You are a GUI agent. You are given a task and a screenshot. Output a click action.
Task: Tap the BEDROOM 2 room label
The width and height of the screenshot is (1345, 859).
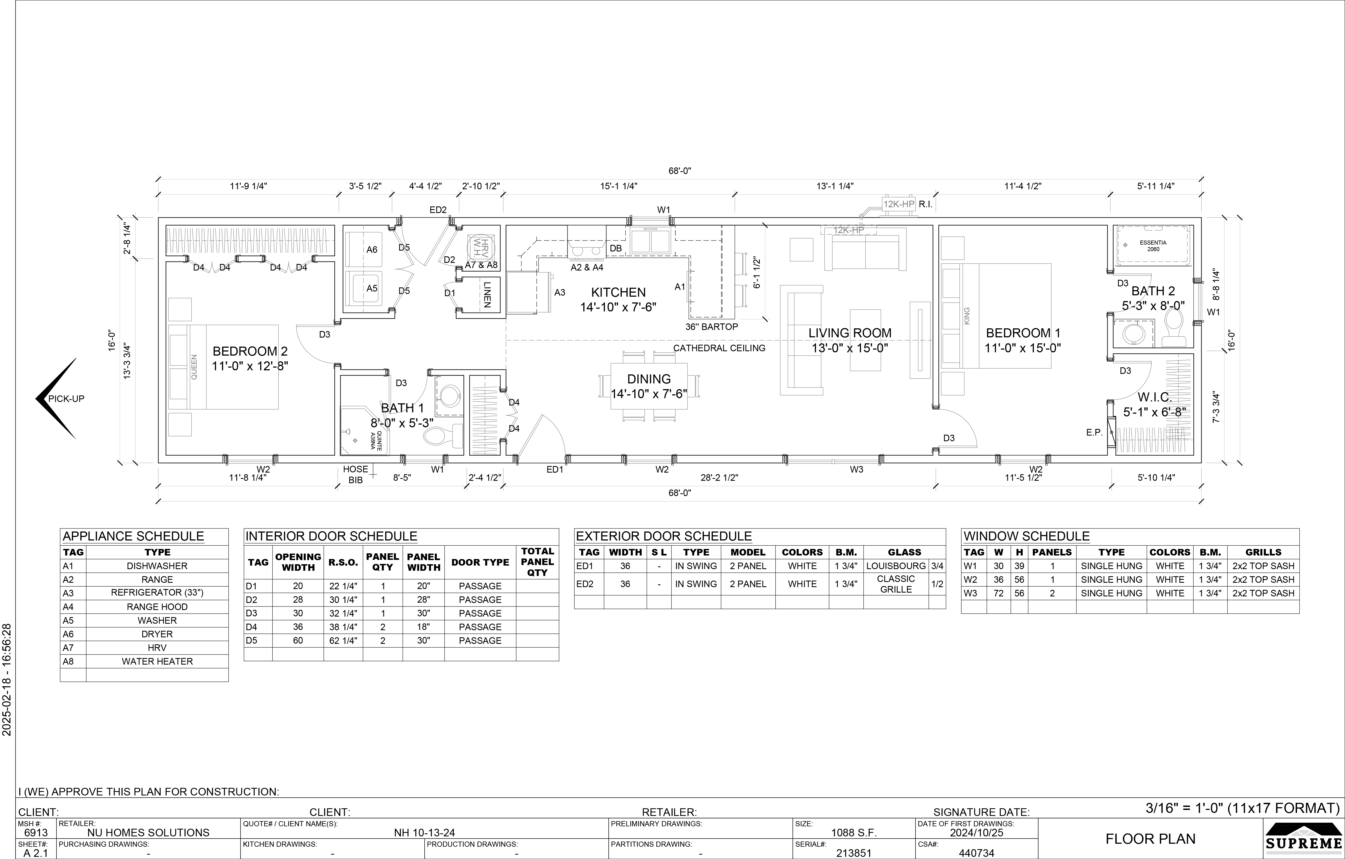[x=250, y=351]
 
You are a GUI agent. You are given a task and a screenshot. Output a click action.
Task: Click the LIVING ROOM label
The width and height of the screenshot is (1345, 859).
[x=849, y=333]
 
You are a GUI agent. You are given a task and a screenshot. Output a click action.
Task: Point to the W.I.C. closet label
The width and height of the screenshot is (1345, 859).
[x=1155, y=397]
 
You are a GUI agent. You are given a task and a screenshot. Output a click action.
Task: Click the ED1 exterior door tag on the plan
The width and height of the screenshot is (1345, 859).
[x=555, y=470]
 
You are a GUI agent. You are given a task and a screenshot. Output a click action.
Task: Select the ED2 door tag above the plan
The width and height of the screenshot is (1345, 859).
[x=438, y=210]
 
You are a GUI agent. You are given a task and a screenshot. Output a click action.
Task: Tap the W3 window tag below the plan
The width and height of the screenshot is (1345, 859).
[x=856, y=470]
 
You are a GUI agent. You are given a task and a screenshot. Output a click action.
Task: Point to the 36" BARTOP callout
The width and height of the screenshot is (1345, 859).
[x=711, y=327]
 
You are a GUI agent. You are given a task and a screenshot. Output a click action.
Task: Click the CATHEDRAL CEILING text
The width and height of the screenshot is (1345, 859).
[x=719, y=348]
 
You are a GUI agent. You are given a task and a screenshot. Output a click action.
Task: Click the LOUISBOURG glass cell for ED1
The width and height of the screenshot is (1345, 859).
[x=895, y=566]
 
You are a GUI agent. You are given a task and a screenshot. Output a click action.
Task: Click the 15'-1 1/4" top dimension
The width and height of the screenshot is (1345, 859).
[x=618, y=186]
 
